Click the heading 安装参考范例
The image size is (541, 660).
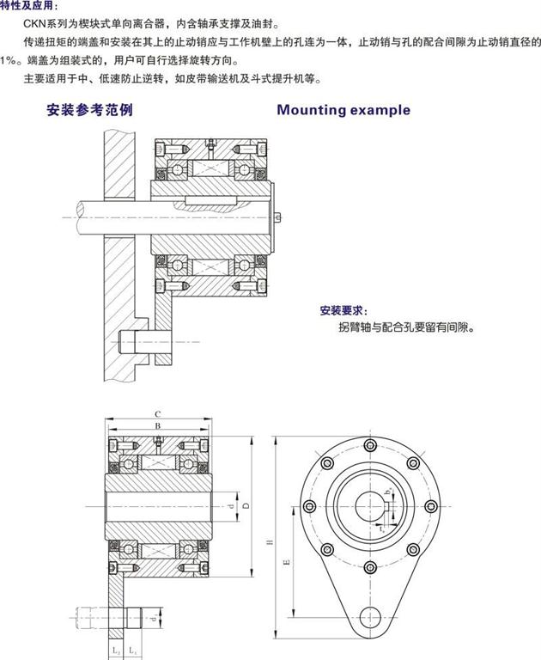[89, 111]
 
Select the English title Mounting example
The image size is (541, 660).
[343, 110]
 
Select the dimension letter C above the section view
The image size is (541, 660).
[157, 413]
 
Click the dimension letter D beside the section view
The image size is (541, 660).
[246, 507]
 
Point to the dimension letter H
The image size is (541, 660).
[269, 541]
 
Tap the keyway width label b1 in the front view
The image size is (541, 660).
[388, 491]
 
